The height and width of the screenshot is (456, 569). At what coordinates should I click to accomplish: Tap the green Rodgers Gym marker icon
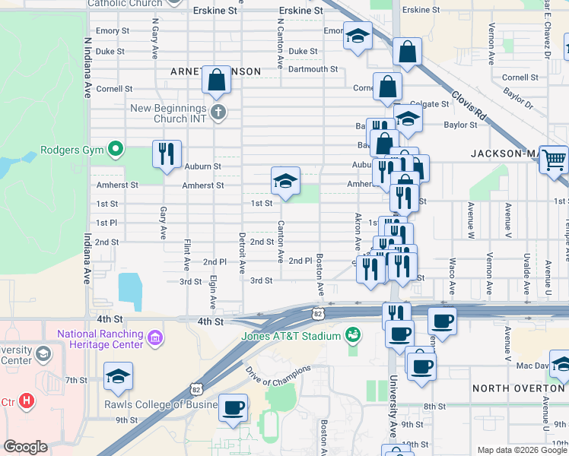click(115, 149)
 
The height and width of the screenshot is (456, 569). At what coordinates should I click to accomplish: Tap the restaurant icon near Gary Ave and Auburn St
click(165, 154)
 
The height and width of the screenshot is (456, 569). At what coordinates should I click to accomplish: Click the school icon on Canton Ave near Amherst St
click(285, 182)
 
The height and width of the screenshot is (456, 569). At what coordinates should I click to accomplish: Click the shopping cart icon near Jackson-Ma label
click(553, 159)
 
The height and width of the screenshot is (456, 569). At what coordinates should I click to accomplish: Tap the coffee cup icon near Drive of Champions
click(233, 407)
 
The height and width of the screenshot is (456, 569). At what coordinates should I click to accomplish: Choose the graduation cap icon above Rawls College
click(118, 376)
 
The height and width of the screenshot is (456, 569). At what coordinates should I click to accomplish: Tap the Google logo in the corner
click(26, 447)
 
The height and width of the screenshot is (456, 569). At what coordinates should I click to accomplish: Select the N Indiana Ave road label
click(87, 68)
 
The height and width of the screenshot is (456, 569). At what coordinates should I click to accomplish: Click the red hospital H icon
click(27, 401)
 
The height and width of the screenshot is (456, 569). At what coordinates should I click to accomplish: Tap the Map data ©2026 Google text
click(522, 450)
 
